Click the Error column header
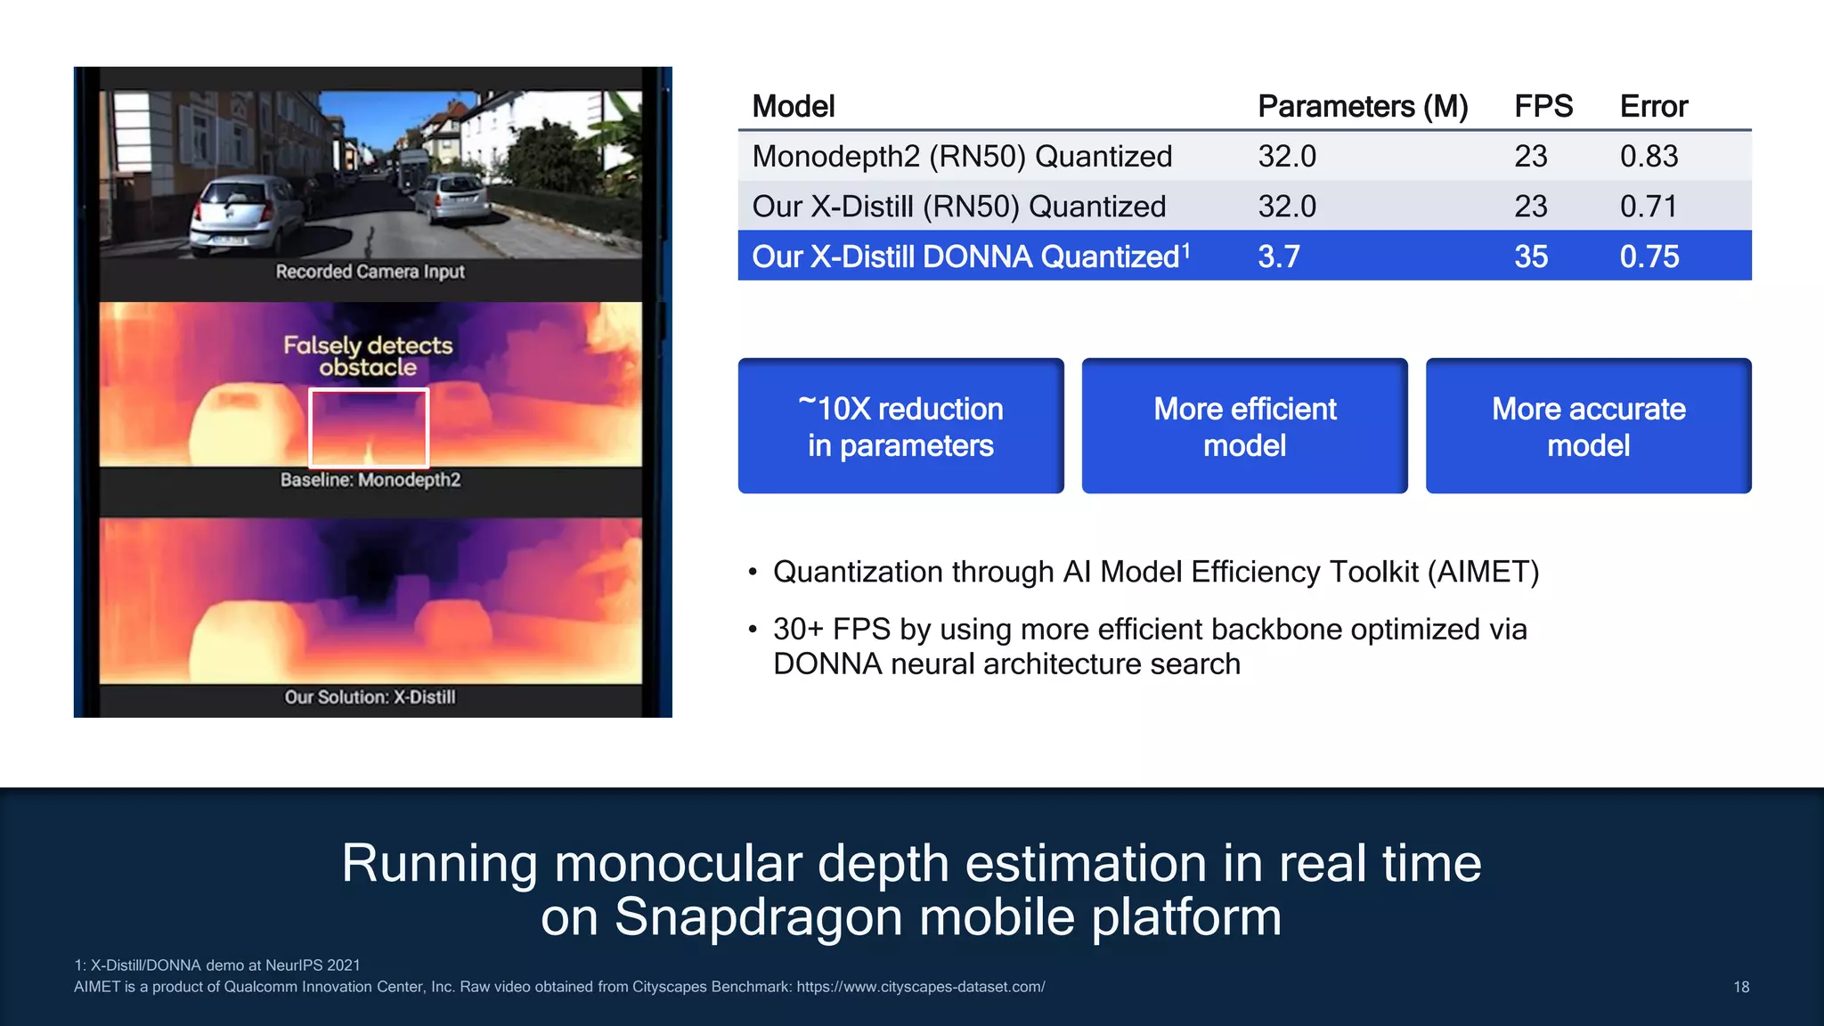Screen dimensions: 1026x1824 1653,107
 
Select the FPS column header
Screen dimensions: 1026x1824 1543,107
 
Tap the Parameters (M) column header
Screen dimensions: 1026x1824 1362,107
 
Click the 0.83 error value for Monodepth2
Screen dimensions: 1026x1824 1649,157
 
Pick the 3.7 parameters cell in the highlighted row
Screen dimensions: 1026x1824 1278,257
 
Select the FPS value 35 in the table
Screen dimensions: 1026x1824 1530,257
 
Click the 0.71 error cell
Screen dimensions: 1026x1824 1648,207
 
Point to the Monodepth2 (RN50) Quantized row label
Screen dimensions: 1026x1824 961,157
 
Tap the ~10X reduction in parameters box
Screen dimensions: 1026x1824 900,427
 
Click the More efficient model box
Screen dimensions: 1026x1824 1244,427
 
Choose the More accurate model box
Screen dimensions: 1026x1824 1588,427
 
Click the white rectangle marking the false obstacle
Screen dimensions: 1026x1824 369,427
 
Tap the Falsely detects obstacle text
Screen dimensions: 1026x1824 368,356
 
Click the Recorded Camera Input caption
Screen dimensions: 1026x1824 370,272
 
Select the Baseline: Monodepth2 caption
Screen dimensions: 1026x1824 370,480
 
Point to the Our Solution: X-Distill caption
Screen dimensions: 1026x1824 370,697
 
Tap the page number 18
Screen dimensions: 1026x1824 1741,987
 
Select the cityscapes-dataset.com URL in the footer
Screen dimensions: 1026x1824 920,987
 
